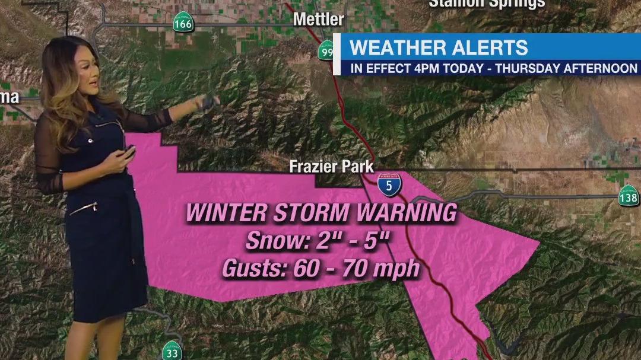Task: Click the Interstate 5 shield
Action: point(389,184)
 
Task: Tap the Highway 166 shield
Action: point(183,24)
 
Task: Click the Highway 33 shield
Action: point(172,351)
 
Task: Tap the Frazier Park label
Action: point(331,167)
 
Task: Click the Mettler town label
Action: point(319,19)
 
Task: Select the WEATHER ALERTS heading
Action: point(439,47)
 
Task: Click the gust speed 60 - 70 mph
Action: point(356,269)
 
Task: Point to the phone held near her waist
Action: point(128,153)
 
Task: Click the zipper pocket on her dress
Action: point(83,209)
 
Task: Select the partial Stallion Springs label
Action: point(486,4)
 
